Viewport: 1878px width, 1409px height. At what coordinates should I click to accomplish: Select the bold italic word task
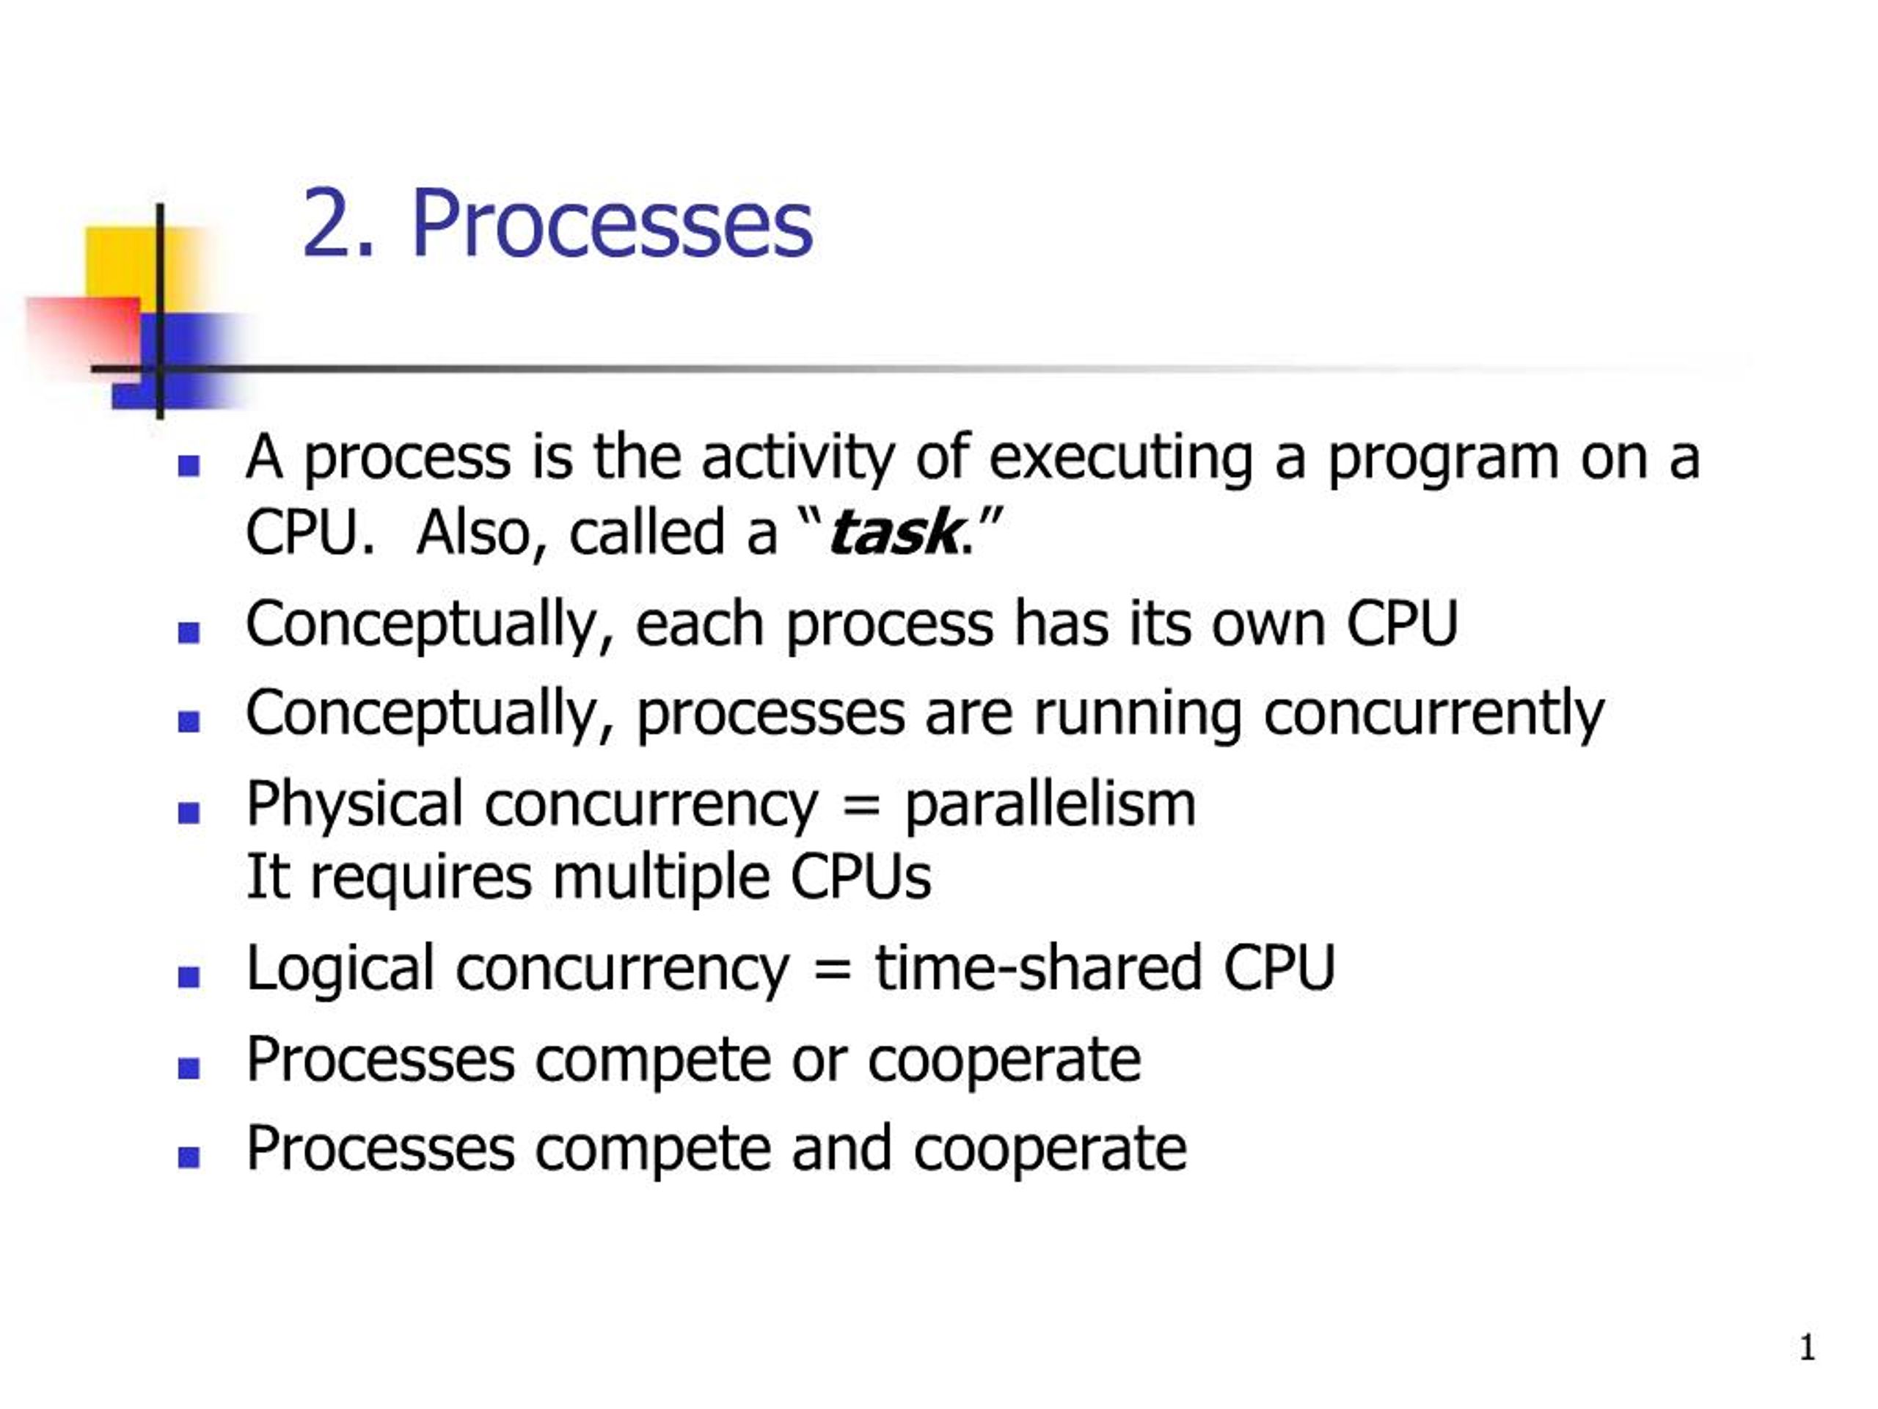(894, 534)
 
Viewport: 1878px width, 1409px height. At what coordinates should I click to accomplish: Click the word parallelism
(1051, 804)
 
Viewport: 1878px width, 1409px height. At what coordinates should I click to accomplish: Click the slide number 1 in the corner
(1808, 1347)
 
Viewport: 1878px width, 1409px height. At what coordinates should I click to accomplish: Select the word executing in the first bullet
(1121, 459)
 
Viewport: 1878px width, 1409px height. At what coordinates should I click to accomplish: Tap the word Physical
(354, 804)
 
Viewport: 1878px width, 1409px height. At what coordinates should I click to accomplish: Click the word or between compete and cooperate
(819, 1060)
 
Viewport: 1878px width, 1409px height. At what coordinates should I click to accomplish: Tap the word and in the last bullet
(841, 1148)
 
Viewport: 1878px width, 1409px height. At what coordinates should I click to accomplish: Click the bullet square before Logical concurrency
(189, 977)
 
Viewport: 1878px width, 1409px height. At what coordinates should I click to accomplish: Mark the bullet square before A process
(189, 465)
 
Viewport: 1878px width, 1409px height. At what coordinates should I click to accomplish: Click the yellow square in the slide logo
(128, 263)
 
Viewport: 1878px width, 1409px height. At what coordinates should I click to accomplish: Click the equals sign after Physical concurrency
(861, 803)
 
